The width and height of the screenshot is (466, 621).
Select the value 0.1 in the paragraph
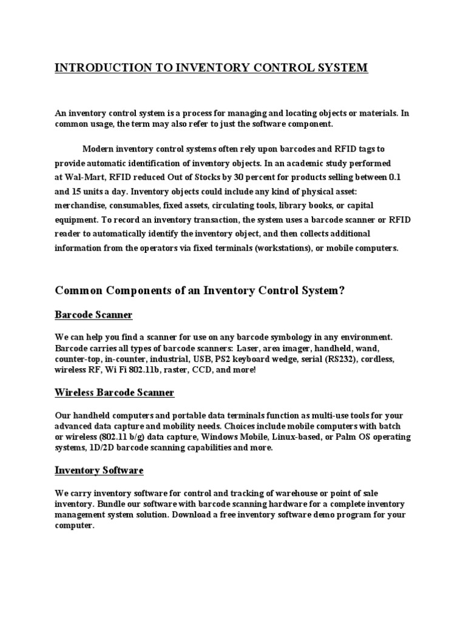click(395, 176)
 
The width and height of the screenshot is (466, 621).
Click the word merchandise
click(81, 206)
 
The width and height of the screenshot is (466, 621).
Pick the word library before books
click(292, 206)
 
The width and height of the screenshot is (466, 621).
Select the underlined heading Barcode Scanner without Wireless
click(93, 315)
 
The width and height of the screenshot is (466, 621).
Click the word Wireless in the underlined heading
click(75, 393)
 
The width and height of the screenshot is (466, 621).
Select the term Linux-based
click(301, 437)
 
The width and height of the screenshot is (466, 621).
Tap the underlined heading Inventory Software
click(99, 471)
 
